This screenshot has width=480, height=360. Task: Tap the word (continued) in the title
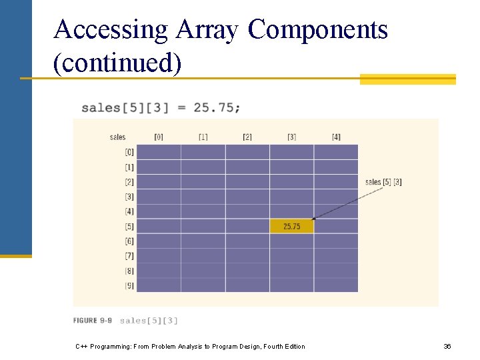[x=117, y=64]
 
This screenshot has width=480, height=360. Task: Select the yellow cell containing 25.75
[x=291, y=227]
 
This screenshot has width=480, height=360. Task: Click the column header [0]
[x=159, y=137]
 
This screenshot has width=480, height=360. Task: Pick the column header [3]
[x=291, y=137]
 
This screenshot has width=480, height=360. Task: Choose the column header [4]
[x=336, y=137]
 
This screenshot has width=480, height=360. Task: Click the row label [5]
[x=129, y=227]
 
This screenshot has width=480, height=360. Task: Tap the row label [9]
[x=129, y=285]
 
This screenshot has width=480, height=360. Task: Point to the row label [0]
[x=129, y=153]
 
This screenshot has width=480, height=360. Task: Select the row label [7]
[x=129, y=256]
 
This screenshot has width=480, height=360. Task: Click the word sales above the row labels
[x=117, y=137]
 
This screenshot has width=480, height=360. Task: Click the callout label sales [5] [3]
[x=383, y=182]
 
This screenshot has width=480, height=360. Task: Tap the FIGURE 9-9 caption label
[x=93, y=321]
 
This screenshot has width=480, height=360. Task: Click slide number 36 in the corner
[x=447, y=346]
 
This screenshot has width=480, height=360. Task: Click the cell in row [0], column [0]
[x=159, y=152]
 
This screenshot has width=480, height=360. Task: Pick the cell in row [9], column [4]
[x=336, y=285]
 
